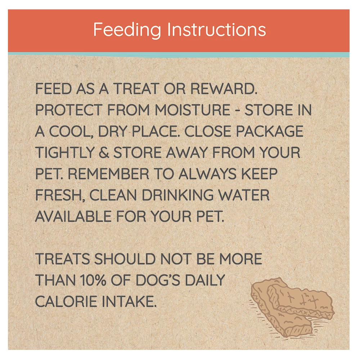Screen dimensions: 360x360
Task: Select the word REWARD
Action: point(224,89)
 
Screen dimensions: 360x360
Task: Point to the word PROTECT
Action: point(69,110)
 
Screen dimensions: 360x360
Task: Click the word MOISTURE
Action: point(193,110)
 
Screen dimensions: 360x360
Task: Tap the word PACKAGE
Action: point(270,131)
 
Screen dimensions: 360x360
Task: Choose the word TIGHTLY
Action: point(65,153)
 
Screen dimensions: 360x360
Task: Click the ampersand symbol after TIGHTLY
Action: point(104,153)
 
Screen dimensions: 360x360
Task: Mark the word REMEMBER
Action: point(108,174)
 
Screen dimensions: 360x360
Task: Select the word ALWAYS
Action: point(208,174)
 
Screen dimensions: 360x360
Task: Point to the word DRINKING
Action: point(178,195)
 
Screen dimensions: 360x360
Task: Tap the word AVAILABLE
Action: point(73,216)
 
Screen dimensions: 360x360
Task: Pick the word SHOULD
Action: point(125,259)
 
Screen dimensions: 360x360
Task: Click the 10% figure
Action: point(93,280)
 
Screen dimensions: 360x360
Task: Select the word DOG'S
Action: point(158,280)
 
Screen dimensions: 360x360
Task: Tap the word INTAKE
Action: point(129,301)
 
